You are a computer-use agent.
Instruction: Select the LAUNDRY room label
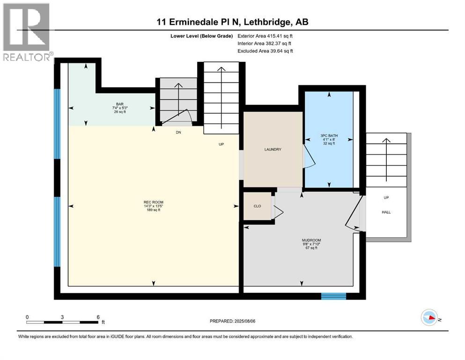tap(272, 150)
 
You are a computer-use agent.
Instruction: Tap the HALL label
tap(386, 212)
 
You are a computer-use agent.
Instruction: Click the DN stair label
tap(178, 133)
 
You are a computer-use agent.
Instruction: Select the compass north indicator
tap(430, 318)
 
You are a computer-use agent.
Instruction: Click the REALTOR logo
tap(27, 33)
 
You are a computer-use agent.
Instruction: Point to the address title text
tap(233, 22)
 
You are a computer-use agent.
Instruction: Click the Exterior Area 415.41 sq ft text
tap(265, 36)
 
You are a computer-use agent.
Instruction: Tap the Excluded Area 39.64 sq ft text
tap(265, 51)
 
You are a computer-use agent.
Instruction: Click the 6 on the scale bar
tap(98, 317)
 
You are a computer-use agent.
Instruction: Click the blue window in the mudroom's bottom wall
tap(333, 296)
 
